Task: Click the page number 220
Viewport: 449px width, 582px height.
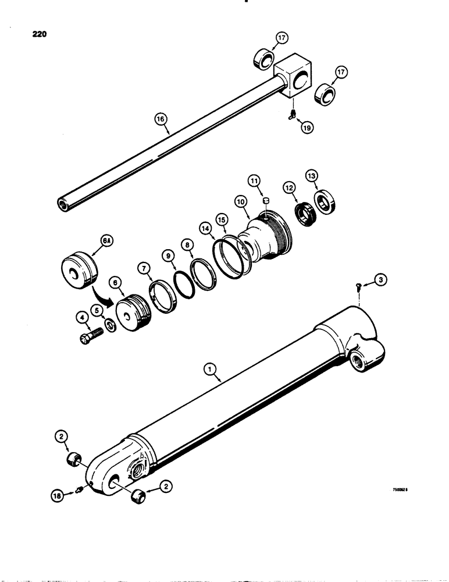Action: click(x=36, y=34)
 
